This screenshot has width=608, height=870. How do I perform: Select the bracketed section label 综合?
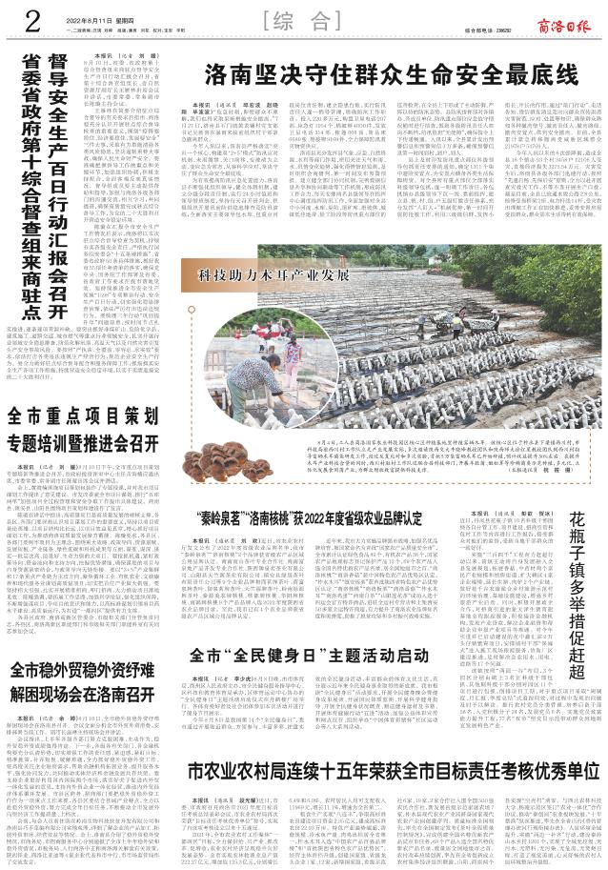click(303, 22)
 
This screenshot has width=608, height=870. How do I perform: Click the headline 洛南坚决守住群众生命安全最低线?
click(392, 73)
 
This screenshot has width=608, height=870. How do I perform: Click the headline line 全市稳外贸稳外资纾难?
click(81, 694)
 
